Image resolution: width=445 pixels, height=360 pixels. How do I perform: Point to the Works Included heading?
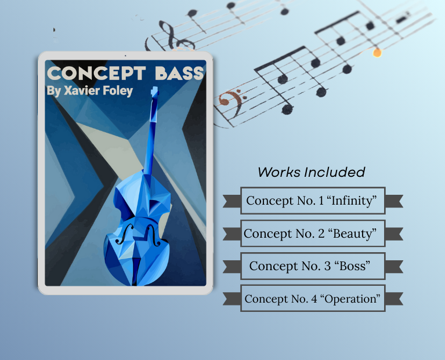click(311, 172)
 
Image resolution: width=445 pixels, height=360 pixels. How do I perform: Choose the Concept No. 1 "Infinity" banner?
click(313, 201)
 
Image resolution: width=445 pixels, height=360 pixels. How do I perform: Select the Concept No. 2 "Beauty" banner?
click(313, 234)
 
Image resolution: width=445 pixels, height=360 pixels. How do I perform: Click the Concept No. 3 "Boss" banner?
click(313, 266)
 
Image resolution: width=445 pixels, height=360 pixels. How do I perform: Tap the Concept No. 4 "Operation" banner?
click(313, 299)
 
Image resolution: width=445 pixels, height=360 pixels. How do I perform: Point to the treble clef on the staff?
click(172, 36)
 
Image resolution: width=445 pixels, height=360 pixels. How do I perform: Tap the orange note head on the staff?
click(377, 53)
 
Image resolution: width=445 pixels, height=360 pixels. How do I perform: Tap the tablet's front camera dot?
click(125, 56)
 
